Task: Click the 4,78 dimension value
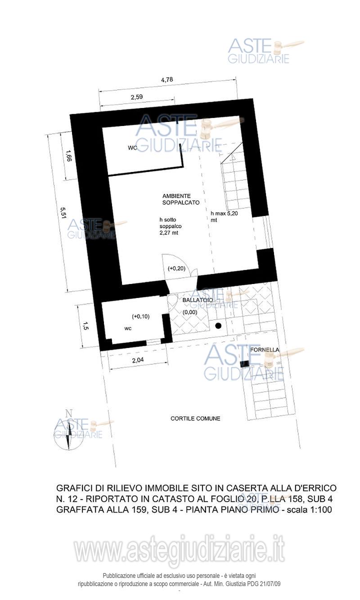pos(167,80)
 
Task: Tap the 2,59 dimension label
pos(137,97)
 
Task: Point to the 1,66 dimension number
pos(68,156)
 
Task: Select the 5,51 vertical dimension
pos(63,213)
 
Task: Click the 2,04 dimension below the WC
pos(138,360)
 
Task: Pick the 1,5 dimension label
pos(85,326)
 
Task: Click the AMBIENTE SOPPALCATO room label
pos(181,199)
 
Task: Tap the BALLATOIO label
pos(198,300)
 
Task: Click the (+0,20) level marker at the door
pos(176,268)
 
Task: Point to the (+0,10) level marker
pos(140,316)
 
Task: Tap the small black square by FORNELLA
pos(244,364)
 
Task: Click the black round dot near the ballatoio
pos(218,326)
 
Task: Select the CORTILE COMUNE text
pos(195,419)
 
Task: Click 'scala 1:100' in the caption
pos(309,510)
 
